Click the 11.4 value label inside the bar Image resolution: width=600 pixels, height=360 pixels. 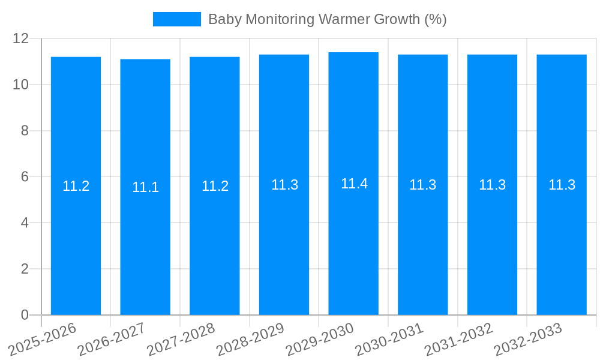pos(354,184)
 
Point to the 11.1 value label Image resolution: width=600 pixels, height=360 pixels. pos(145,187)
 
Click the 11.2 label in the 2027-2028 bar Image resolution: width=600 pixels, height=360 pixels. pos(215,186)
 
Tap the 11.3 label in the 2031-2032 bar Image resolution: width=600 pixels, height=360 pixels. pos(492,185)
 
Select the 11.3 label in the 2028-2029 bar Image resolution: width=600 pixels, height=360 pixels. pos(284,185)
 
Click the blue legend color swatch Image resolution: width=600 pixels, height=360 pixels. pos(176,19)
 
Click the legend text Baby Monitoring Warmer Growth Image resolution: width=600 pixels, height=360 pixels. pos(327,19)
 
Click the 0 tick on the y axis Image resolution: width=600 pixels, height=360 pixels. pos(25,315)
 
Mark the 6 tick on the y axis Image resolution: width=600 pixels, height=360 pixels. pos(25,177)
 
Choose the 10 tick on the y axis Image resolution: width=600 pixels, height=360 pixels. pos(21,85)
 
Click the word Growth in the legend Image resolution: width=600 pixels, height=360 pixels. pos(398,19)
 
